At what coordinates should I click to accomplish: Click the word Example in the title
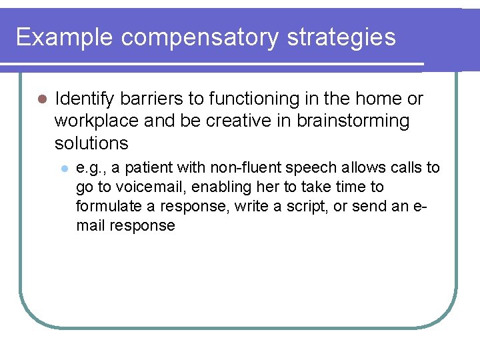(65, 37)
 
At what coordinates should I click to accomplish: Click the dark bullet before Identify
(40, 99)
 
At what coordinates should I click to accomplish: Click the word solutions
(91, 143)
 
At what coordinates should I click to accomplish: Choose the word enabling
(219, 187)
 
